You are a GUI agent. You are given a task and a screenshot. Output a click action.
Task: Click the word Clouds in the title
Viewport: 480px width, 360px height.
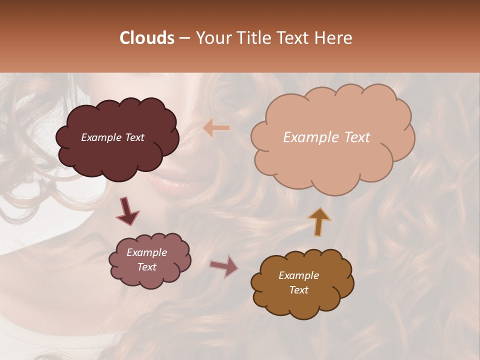(x=147, y=38)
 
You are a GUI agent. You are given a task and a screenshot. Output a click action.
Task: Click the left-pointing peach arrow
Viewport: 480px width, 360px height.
(x=216, y=128)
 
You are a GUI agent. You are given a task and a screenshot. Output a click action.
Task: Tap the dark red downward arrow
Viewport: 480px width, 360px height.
(x=127, y=211)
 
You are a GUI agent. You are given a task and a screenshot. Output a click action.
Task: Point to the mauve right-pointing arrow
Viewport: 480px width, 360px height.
(x=224, y=266)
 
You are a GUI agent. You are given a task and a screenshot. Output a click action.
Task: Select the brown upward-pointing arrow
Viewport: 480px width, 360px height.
(x=319, y=221)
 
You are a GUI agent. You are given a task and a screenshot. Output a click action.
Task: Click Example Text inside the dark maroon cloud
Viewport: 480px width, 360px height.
(x=112, y=137)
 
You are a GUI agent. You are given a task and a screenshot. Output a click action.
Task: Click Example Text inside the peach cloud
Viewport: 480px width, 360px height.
(x=326, y=137)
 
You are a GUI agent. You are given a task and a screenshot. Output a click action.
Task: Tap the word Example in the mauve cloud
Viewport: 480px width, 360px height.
(x=146, y=252)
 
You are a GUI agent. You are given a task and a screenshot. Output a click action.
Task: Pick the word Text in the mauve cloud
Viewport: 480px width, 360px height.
(x=146, y=267)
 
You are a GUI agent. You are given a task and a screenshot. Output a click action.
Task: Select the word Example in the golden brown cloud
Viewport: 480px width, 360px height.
(x=298, y=275)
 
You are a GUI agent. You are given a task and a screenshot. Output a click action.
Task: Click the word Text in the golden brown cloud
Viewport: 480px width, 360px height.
(x=298, y=290)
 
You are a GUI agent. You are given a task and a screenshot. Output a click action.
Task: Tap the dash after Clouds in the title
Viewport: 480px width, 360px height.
(x=184, y=38)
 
